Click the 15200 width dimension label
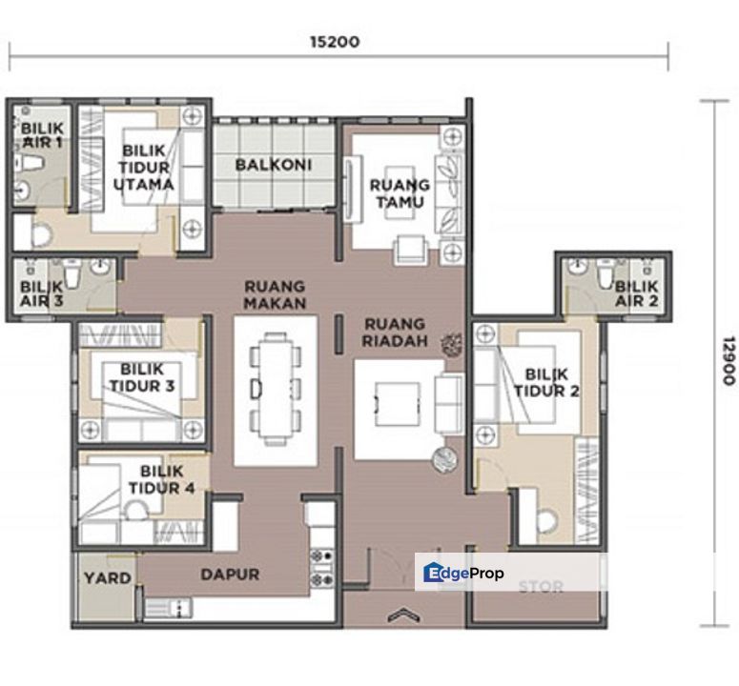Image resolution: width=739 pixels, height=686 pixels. pyautogui.click(x=335, y=42)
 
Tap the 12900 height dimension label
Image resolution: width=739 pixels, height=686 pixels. pyautogui.click(x=728, y=360)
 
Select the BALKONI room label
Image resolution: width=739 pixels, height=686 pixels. pyautogui.click(x=274, y=165)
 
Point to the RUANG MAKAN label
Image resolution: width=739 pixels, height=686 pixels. pyautogui.click(x=275, y=294)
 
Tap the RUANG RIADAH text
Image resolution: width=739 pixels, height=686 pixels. pyautogui.click(x=394, y=334)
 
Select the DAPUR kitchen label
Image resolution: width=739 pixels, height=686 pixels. pyautogui.click(x=230, y=575)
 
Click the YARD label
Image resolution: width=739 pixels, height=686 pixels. pyautogui.click(x=107, y=578)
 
